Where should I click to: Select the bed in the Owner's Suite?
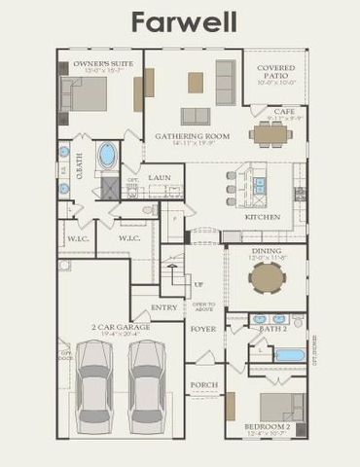click(x=86, y=95)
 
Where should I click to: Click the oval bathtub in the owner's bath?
click(x=107, y=156)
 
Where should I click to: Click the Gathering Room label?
click(x=193, y=137)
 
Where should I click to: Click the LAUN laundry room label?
click(x=160, y=178)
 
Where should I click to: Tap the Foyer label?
click(x=202, y=328)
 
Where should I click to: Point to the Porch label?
click(x=202, y=385)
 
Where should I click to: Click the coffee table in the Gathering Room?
click(x=197, y=83)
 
